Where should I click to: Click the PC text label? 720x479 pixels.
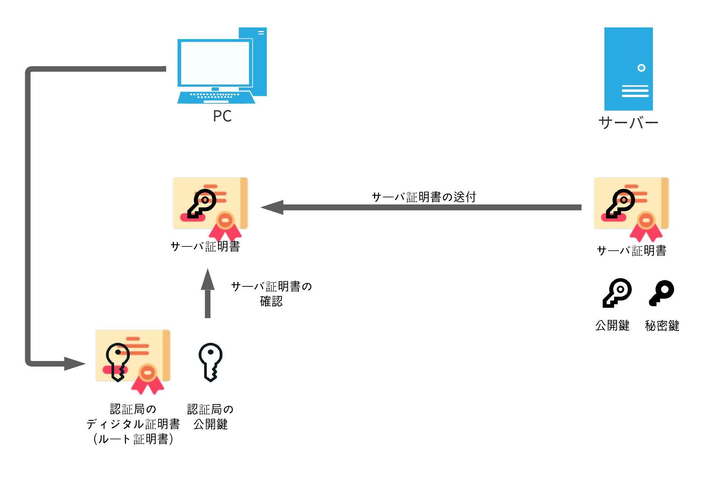[222, 116]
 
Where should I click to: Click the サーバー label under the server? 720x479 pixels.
[628, 123]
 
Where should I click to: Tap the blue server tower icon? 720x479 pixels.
[628, 69]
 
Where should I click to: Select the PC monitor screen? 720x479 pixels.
[215, 63]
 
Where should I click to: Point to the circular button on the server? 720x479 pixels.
[641, 68]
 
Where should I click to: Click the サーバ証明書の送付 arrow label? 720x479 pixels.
[424, 197]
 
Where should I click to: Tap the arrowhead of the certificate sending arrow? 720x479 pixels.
[272, 207]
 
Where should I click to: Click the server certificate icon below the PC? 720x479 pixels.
[210, 207]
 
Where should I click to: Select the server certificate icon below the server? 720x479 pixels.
[631, 207]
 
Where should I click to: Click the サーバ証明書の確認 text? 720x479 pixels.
[271, 294]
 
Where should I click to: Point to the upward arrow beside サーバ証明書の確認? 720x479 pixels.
[208, 293]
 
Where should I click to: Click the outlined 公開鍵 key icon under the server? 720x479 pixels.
[617, 293]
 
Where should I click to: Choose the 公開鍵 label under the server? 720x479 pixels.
[612, 325]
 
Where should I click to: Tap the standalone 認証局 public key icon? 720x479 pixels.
[210, 362]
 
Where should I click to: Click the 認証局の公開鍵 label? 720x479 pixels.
[210, 417]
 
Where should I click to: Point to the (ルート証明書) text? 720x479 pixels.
[133, 439]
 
